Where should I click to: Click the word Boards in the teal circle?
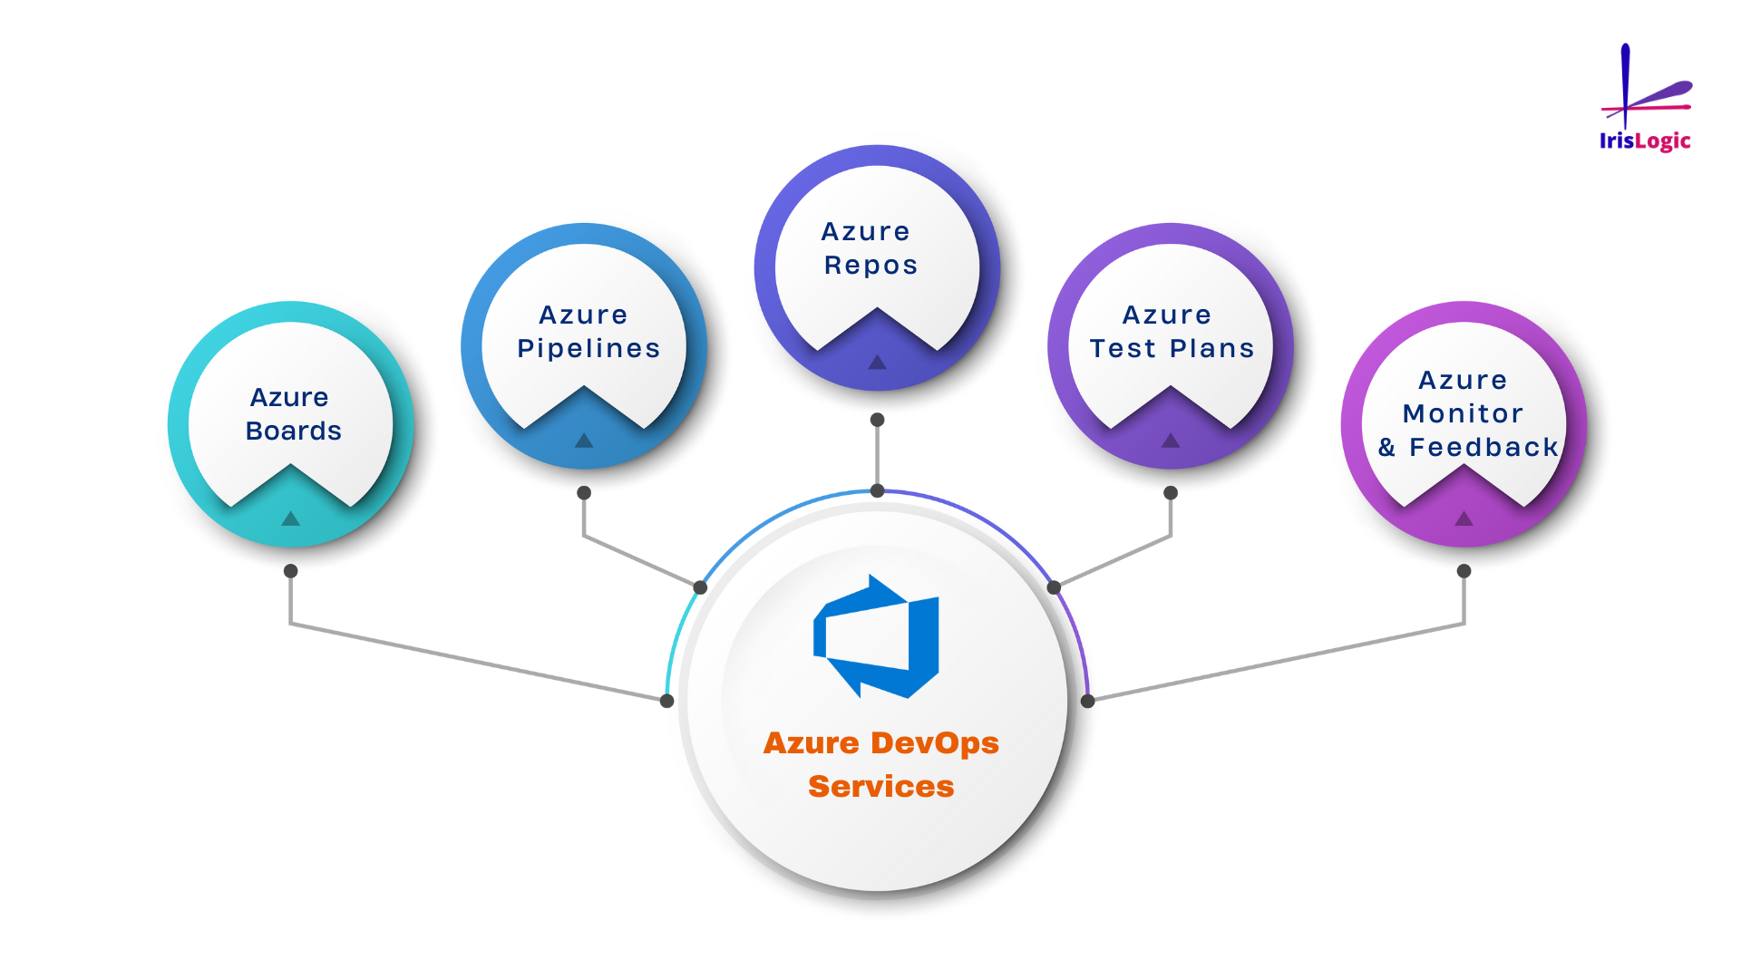[x=294, y=431]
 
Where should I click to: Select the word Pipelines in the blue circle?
[x=588, y=348]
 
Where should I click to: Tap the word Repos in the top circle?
[x=870, y=265]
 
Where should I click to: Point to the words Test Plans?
[x=1172, y=348]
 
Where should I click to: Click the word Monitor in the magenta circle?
[x=1463, y=413]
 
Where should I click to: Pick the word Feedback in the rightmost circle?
[x=1483, y=447]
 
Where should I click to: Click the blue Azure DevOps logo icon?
[x=877, y=636]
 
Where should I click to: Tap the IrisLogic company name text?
[x=1645, y=141]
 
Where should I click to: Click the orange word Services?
[x=880, y=786]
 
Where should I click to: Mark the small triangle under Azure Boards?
[x=290, y=519]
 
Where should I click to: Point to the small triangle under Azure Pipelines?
[x=584, y=441]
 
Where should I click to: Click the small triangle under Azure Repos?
[x=877, y=363]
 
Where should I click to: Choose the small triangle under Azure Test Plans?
[x=1171, y=441]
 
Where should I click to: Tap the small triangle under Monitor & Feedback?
[x=1464, y=519]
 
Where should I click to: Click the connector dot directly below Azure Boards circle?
[x=290, y=571]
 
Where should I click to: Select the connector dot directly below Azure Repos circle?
[x=877, y=420]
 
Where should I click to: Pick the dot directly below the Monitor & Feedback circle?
[x=1464, y=571]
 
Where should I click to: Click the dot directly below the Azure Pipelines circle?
[x=584, y=493]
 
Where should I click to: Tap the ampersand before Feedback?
[x=1386, y=447]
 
